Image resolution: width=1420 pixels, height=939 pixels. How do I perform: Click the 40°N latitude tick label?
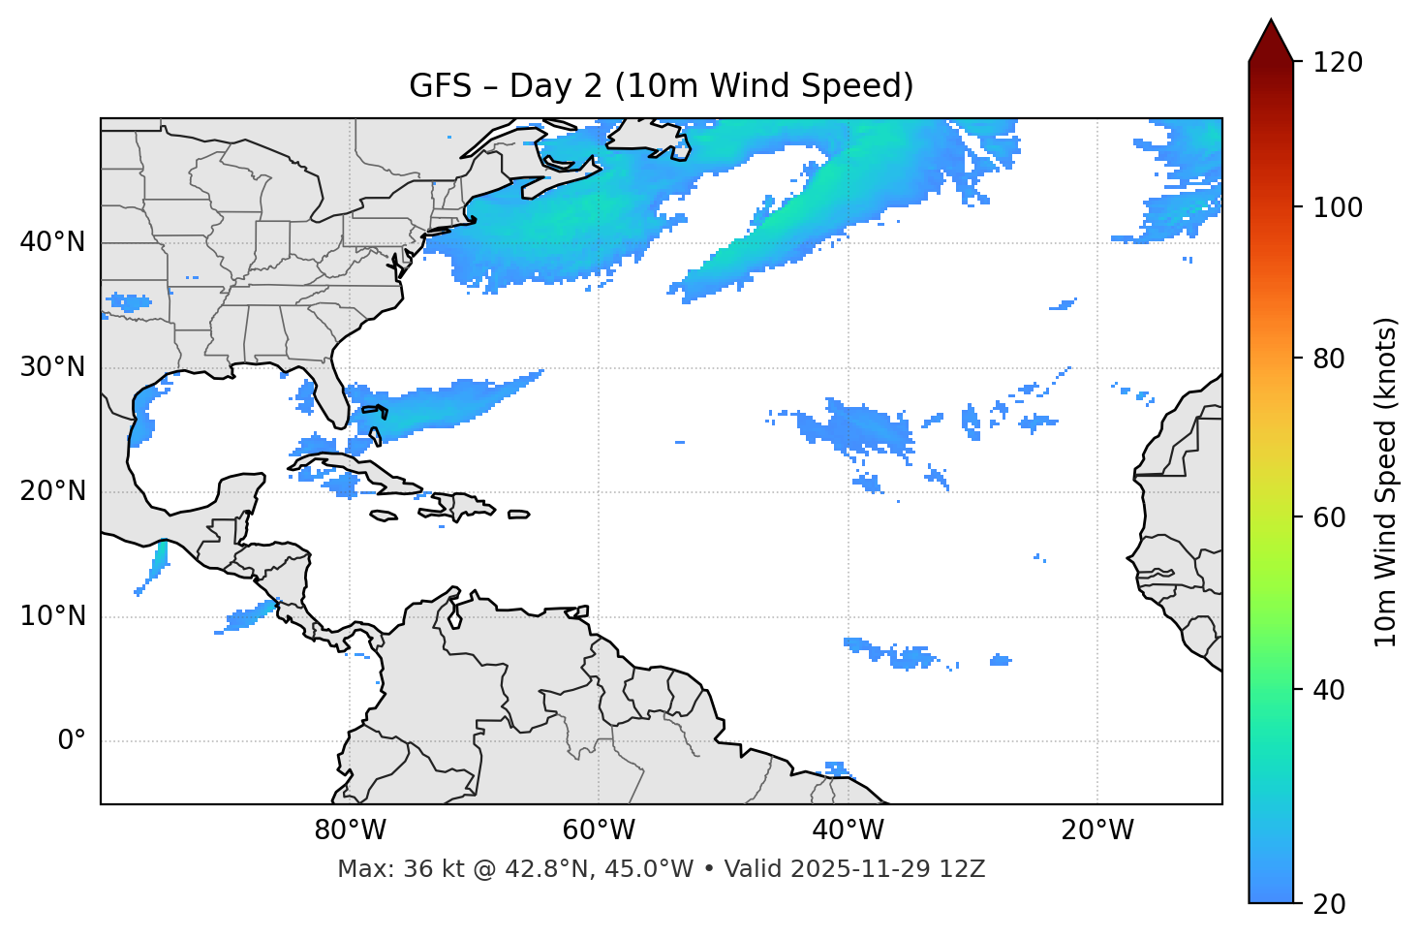(52, 242)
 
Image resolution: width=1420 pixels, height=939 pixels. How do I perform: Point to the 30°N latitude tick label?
(52, 367)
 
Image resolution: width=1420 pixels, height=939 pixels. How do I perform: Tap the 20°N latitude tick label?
(52, 491)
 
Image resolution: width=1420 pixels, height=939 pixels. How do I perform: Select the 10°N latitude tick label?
(52, 616)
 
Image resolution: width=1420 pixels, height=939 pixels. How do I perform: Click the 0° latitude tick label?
(72, 741)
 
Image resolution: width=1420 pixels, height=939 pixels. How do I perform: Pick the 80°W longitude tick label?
(350, 830)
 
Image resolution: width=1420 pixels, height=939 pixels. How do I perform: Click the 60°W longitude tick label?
(599, 830)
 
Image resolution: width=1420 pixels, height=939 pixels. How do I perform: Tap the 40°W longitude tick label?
(848, 830)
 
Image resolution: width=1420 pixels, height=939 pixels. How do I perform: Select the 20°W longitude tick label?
(1096, 830)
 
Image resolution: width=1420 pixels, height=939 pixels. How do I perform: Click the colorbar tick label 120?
(1338, 63)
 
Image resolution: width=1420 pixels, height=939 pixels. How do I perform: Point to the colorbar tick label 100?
(1338, 207)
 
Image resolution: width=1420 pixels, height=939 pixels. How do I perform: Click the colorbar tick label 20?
(1330, 904)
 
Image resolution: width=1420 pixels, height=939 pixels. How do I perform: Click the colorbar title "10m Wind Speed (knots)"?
(1387, 482)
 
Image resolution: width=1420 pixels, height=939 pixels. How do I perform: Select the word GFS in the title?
(441, 86)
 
